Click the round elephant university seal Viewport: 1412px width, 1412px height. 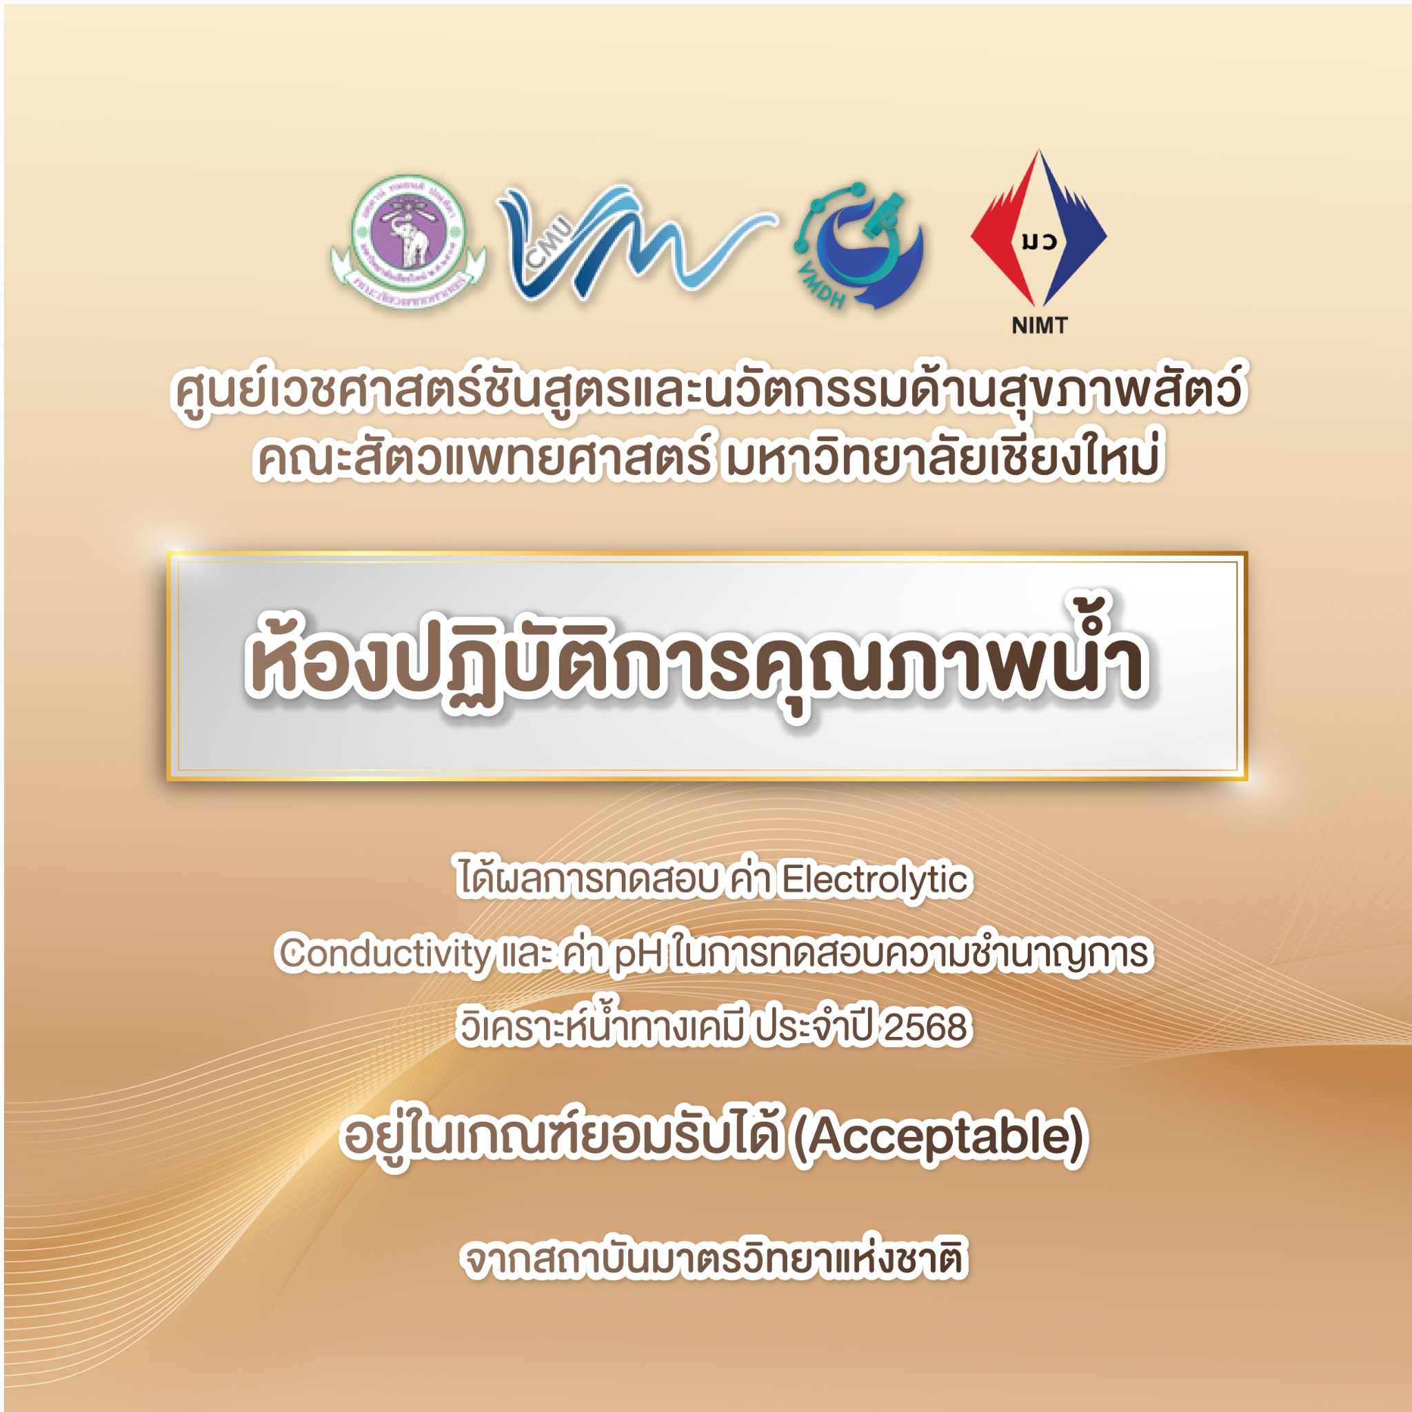click(409, 241)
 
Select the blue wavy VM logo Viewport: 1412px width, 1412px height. click(634, 242)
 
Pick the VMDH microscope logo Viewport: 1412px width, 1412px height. click(860, 245)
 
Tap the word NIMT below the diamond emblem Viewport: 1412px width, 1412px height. click(1039, 325)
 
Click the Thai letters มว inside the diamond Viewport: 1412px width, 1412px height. click(1038, 241)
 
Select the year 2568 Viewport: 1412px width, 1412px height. click(925, 1027)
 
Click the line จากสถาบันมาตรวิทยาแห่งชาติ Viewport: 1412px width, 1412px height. click(715, 1259)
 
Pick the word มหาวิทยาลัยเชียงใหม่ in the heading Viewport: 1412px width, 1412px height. click(940, 458)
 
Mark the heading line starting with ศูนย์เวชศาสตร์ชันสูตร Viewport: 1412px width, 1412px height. click(707, 390)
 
